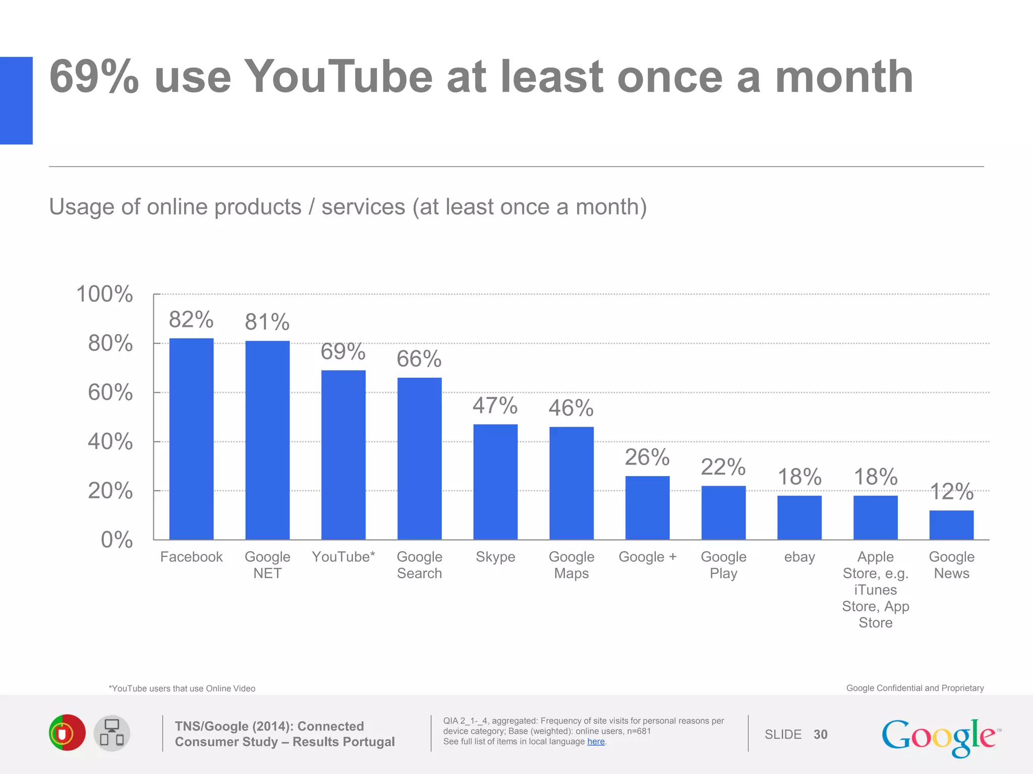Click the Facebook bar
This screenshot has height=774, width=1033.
point(191,438)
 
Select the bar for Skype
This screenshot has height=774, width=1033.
point(495,481)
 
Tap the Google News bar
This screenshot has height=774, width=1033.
point(951,525)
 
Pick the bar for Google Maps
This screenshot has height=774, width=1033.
point(571,483)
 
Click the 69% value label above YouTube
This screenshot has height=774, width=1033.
point(343,351)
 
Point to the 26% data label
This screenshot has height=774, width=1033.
point(647,457)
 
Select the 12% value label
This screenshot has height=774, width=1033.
point(951,491)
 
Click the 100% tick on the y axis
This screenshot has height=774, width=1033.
point(104,294)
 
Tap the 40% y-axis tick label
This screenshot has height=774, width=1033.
point(110,441)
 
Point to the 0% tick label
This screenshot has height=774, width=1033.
point(117,540)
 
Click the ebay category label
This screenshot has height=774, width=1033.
point(799,557)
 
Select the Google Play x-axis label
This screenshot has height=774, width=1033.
point(723,565)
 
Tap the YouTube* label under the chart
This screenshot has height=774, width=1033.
point(343,557)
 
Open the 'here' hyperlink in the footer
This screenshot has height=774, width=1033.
point(596,742)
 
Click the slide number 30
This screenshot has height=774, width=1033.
point(820,734)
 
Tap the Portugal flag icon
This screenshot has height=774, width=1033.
point(67,733)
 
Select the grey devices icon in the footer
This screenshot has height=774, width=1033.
point(112,733)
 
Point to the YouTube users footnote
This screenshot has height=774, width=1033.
point(182,688)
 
